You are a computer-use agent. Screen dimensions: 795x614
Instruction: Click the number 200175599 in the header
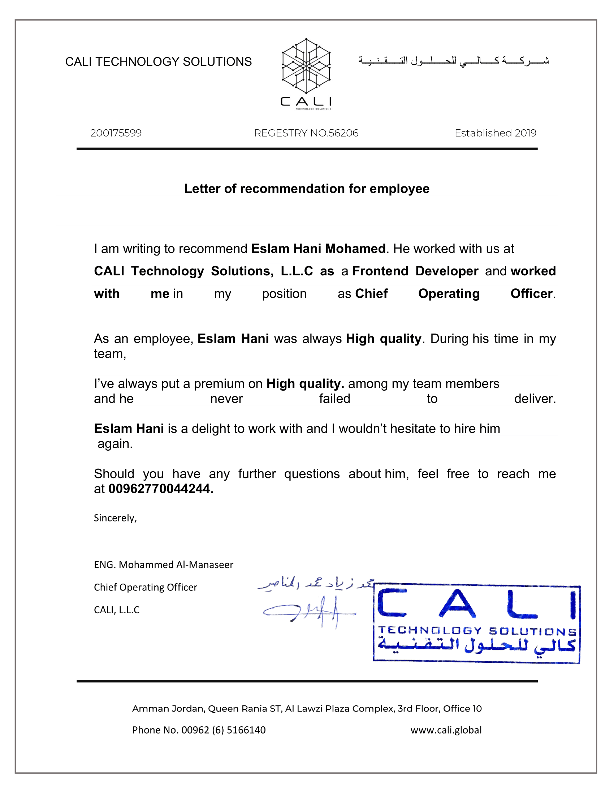point(116,133)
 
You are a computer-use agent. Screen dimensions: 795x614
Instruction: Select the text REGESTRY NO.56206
point(306,133)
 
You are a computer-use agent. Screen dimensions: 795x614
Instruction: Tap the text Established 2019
point(495,133)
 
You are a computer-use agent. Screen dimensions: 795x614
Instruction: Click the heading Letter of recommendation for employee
point(307,189)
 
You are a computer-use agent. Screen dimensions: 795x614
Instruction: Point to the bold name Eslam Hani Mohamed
point(318,249)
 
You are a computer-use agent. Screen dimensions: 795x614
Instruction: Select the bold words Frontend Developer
point(415,271)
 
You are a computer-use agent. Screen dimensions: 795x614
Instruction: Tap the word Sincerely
point(115,517)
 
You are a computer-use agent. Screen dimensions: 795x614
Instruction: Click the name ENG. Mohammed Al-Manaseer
point(163,564)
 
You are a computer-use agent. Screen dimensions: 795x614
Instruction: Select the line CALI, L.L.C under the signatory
point(116,610)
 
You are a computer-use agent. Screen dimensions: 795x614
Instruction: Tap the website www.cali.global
point(446,730)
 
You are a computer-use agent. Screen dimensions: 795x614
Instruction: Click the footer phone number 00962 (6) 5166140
point(223,730)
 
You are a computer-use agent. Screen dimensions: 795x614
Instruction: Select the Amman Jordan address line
point(307,708)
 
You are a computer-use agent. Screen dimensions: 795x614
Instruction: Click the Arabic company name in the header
point(454,61)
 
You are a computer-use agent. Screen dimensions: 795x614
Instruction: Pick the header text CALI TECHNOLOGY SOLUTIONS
point(158,61)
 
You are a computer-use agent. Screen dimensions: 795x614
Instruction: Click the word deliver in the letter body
point(535,399)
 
